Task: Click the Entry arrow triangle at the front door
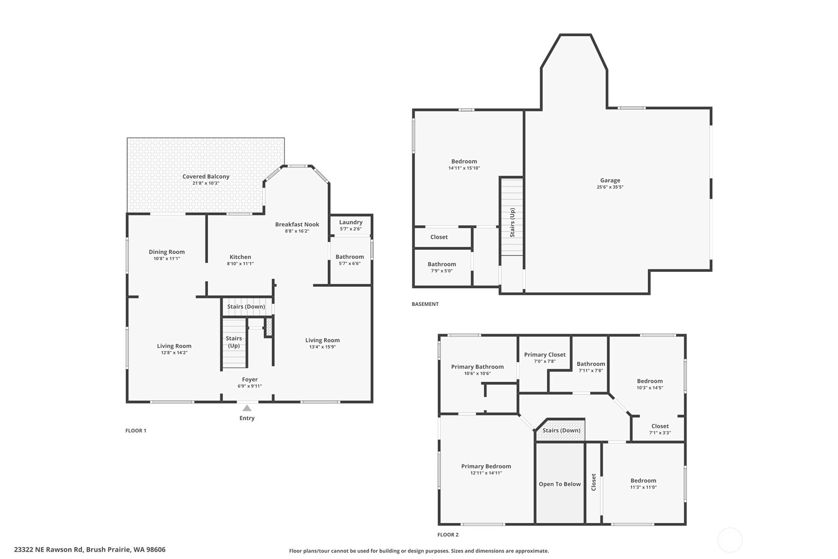(x=247, y=408)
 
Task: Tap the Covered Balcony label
(x=206, y=176)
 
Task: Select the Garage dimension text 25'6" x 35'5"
(x=610, y=187)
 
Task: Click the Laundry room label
(x=351, y=222)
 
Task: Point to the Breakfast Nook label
(x=297, y=224)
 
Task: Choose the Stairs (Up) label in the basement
(x=512, y=222)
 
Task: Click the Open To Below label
(x=559, y=484)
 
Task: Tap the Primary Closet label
(x=545, y=354)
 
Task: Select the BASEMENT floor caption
(x=425, y=304)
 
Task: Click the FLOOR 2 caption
(x=448, y=535)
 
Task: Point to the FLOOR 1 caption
(x=136, y=430)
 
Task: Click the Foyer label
(x=249, y=379)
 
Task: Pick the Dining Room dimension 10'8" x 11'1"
(x=167, y=258)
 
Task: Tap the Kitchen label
(x=240, y=257)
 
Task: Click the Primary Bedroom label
(x=486, y=466)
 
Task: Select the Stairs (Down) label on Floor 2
(x=561, y=430)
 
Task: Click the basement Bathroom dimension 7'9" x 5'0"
(x=442, y=271)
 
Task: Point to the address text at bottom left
(x=90, y=550)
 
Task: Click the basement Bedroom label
(x=464, y=161)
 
